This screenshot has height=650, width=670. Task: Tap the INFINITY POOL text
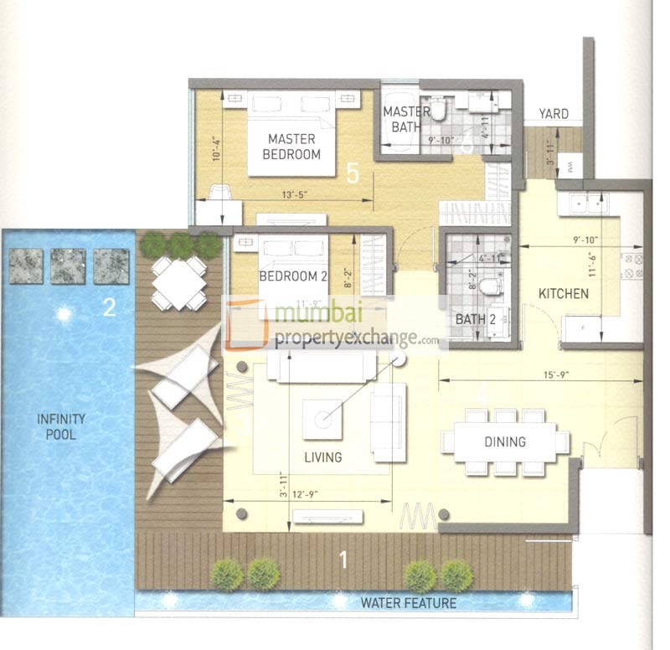click(56, 426)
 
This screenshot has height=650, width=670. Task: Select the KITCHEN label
click(563, 294)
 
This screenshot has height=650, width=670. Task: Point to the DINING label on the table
click(504, 441)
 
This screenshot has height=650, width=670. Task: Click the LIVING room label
click(322, 457)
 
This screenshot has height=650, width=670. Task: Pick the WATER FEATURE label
click(408, 603)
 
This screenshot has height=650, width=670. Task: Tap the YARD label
click(554, 114)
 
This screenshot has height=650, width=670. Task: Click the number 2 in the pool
click(109, 307)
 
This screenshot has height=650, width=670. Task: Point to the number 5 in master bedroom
click(353, 173)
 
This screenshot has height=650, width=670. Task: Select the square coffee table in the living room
click(322, 418)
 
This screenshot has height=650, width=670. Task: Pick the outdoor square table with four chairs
click(179, 284)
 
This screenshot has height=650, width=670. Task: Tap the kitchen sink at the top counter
click(587, 203)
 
